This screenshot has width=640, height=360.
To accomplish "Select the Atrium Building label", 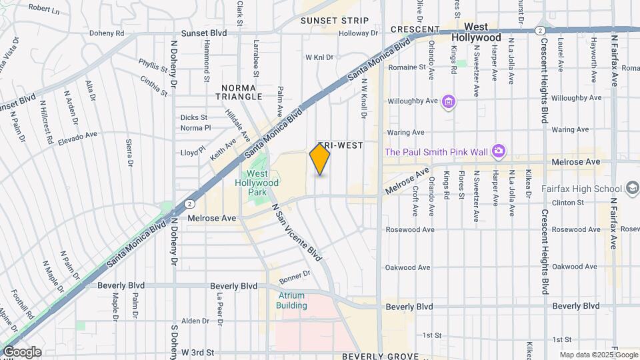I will (x=292, y=301).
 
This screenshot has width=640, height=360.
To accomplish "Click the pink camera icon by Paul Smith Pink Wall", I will (x=498, y=151).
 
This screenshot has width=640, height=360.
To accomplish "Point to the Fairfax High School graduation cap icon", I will (x=632, y=189).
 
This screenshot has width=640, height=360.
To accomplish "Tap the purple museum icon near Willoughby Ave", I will (x=449, y=101).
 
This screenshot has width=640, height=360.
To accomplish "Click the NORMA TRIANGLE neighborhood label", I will (x=242, y=92).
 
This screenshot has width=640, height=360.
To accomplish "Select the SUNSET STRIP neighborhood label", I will (x=334, y=21).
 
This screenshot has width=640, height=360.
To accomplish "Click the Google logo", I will (x=21, y=352).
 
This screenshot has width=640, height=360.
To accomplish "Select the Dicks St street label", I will (x=194, y=117).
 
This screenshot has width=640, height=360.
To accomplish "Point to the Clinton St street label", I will (x=567, y=203).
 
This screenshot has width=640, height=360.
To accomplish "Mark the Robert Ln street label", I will (x=44, y=10).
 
